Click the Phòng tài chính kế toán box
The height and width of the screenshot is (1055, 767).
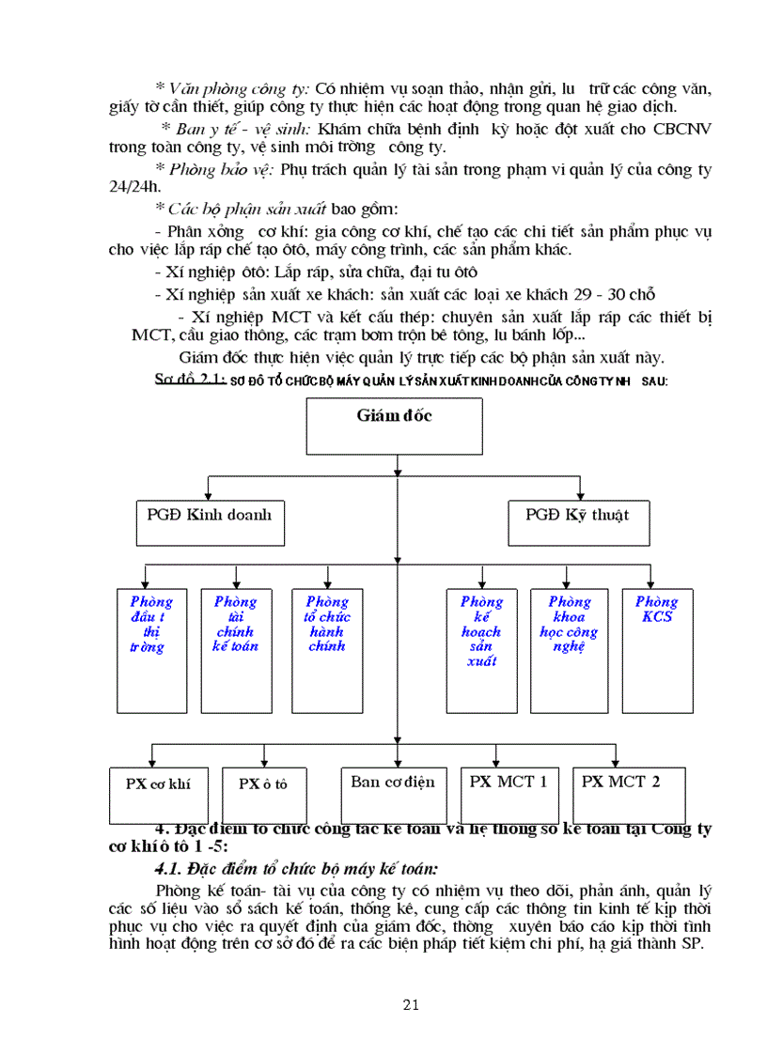[x=234, y=648]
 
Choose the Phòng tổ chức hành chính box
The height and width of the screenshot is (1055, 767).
[x=326, y=648]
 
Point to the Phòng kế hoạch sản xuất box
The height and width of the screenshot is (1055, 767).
[x=480, y=648]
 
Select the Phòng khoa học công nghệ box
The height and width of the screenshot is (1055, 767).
[x=568, y=648]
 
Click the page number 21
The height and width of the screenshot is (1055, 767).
[x=410, y=1005]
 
